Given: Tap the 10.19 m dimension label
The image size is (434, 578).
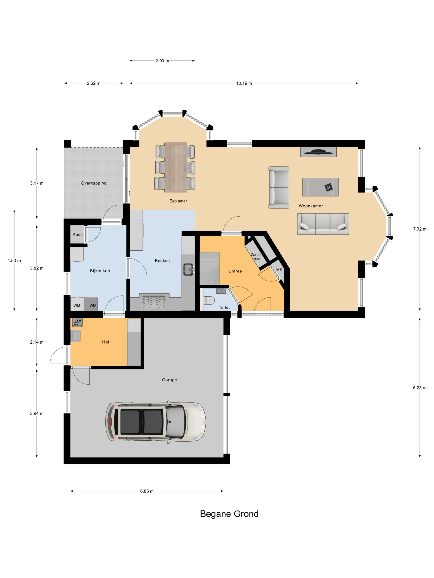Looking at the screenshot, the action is (x=244, y=83).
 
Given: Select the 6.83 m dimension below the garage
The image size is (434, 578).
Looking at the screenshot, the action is (x=147, y=491).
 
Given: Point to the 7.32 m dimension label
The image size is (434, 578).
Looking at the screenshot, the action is (x=420, y=229).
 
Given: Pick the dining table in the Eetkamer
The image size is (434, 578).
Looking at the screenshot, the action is (x=175, y=167).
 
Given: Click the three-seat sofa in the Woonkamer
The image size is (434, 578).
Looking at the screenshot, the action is (x=323, y=224).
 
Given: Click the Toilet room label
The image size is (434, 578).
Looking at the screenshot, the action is (x=224, y=308).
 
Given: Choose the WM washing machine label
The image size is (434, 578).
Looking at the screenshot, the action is (x=77, y=306).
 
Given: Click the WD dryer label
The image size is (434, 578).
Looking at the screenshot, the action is (x=93, y=306).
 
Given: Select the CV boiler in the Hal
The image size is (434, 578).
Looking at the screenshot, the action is (x=77, y=322).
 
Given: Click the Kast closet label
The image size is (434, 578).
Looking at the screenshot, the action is (x=77, y=234).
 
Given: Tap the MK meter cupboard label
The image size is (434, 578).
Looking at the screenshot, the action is (x=279, y=269).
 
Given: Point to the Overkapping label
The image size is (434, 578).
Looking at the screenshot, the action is (x=94, y=183).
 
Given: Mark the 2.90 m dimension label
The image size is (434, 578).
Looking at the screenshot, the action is (x=162, y=61).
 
